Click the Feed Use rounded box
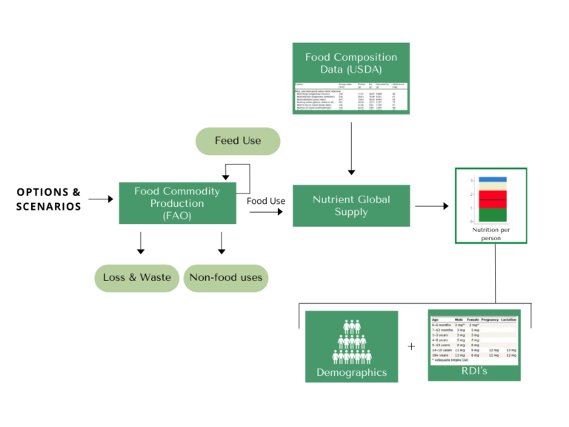tap(237, 141)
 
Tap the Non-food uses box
tap(226, 278)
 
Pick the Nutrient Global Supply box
tap(351, 205)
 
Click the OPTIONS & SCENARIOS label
tap(49, 199)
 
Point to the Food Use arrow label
tap(266, 201)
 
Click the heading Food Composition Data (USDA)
tap(351, 63)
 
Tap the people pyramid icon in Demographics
tap(351, 338)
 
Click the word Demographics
tap(351, 372)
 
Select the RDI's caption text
tap(474, 370)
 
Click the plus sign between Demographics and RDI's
tap(412, 346)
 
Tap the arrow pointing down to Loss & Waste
tap(141, 243)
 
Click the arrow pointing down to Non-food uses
tap(221, 243)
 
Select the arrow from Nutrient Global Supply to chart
tap(433, 205)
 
